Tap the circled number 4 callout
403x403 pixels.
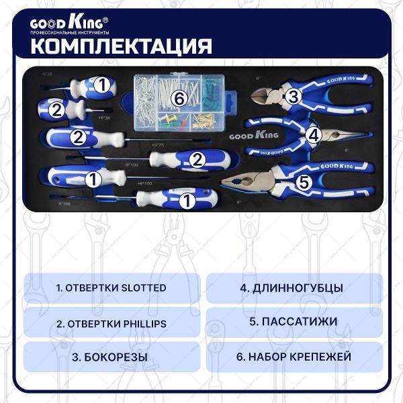point(312,134)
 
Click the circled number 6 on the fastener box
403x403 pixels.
point(178,99)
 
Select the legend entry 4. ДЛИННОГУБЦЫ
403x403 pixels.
point(294,287)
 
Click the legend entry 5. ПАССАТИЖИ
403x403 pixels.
point(294,322)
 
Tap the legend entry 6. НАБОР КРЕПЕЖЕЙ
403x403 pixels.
point(294,357)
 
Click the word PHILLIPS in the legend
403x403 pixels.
point(142,323)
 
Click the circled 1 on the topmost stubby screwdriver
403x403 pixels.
point(101,85)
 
